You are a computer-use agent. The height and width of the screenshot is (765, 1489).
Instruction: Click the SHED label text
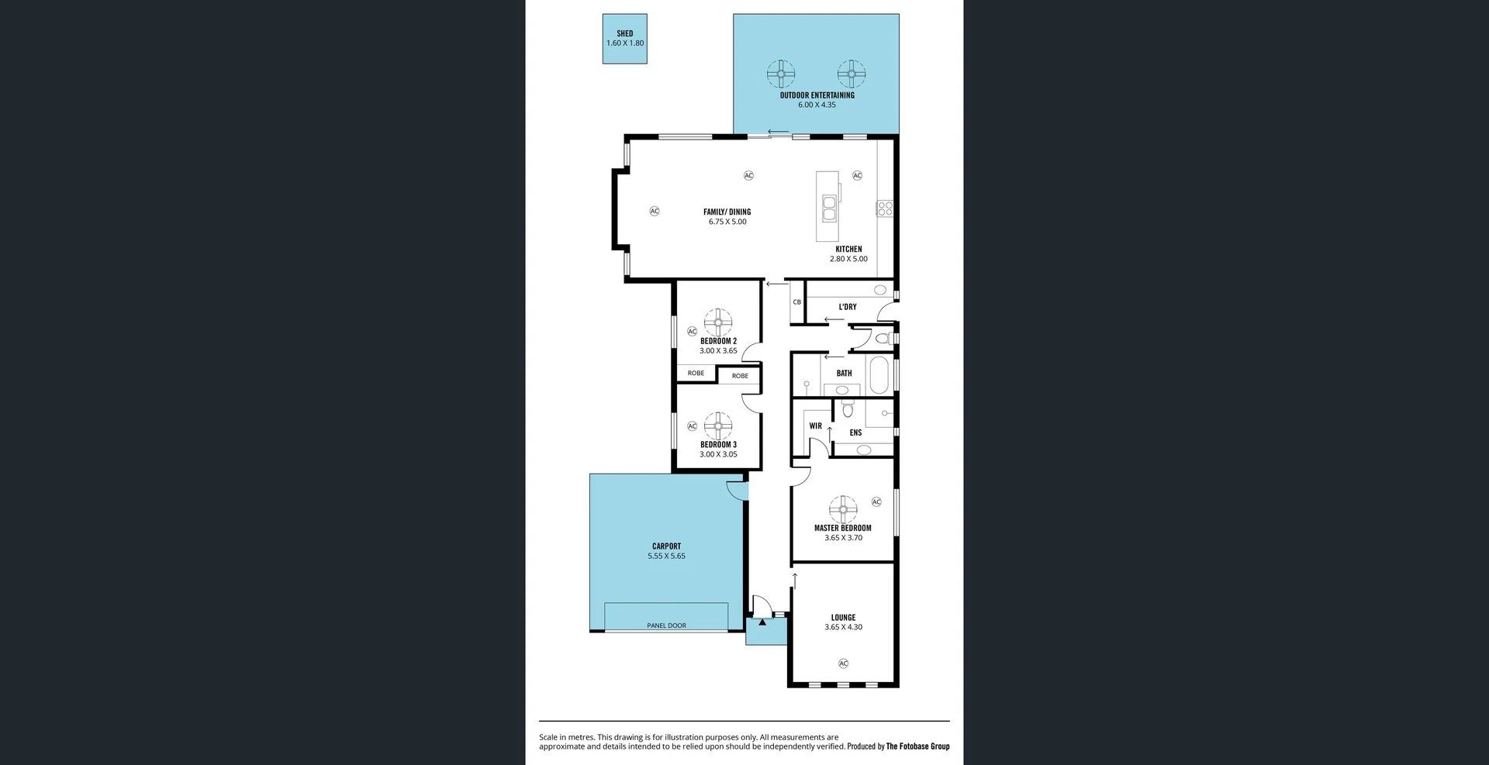624,33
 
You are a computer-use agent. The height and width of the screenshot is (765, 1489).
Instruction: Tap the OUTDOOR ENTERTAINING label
817,95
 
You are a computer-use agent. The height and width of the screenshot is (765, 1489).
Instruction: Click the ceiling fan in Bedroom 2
718,322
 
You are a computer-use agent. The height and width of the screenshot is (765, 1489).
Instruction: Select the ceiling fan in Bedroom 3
718,426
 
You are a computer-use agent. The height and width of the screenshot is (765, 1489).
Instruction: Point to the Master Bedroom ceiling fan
843,509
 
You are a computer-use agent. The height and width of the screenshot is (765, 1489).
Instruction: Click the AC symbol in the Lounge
843,663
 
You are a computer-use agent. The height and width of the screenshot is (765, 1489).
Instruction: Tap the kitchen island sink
829,208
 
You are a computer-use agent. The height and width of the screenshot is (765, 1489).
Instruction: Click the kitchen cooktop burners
885,208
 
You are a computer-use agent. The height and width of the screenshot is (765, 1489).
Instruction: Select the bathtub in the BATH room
879,375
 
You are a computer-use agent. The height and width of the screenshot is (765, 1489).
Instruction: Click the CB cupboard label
796,302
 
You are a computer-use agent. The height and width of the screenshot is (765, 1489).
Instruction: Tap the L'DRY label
848,307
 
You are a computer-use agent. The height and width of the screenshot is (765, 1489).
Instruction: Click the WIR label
815,426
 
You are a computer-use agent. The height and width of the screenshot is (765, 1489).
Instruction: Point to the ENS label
855,433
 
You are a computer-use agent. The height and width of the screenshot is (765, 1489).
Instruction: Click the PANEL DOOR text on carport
666,625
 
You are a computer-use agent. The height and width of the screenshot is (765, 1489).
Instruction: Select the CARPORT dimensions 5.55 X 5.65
666,556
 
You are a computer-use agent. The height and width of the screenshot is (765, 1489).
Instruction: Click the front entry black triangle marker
762,622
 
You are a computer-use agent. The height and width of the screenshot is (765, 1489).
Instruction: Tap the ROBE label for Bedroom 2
696,374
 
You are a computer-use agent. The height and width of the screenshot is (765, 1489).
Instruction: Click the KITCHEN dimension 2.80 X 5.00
848,259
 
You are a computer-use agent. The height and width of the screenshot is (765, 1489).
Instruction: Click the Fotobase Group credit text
917,746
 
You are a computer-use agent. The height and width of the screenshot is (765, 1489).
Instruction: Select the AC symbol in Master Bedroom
876,502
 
